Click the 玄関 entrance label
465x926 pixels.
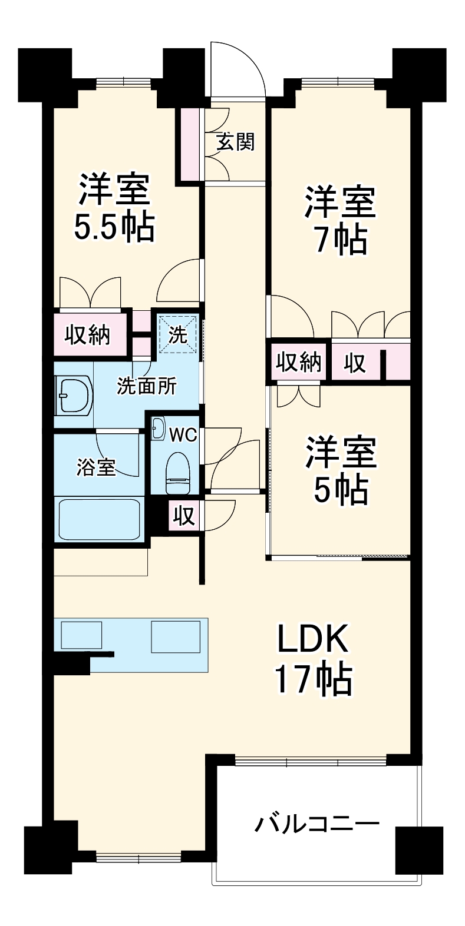(235, 142)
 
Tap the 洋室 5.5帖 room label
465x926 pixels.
(114, 207)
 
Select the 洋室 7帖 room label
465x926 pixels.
(340, 220)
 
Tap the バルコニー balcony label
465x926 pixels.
(316, 823)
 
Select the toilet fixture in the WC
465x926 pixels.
(178, 473)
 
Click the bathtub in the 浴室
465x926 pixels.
(99, 518)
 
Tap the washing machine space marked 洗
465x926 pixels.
(177, 334)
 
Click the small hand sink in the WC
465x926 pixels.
(158, 428)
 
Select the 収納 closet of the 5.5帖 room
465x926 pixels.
(88, 334)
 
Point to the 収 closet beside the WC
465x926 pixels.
(184, 516)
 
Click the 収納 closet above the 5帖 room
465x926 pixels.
(299, 361)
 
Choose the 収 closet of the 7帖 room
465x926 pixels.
(355, 363)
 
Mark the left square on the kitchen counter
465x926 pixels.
(81, 636)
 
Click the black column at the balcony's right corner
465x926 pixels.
(418, 848)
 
